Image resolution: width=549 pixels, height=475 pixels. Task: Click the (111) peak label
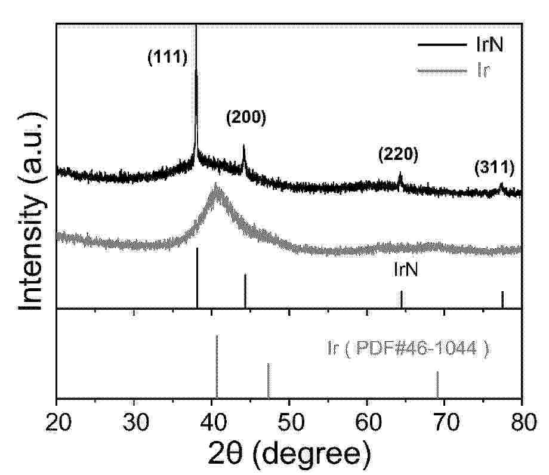point(168,58)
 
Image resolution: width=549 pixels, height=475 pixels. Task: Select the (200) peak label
point(245,118)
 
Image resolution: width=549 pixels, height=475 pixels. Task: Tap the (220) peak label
point(398,155)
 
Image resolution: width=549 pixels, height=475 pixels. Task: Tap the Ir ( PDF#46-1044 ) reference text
point(408,348)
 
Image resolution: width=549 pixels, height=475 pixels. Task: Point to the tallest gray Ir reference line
point(217,365)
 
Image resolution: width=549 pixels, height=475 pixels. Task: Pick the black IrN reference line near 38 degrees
point(197,277)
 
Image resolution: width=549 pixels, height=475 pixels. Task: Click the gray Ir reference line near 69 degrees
point(437,384)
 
